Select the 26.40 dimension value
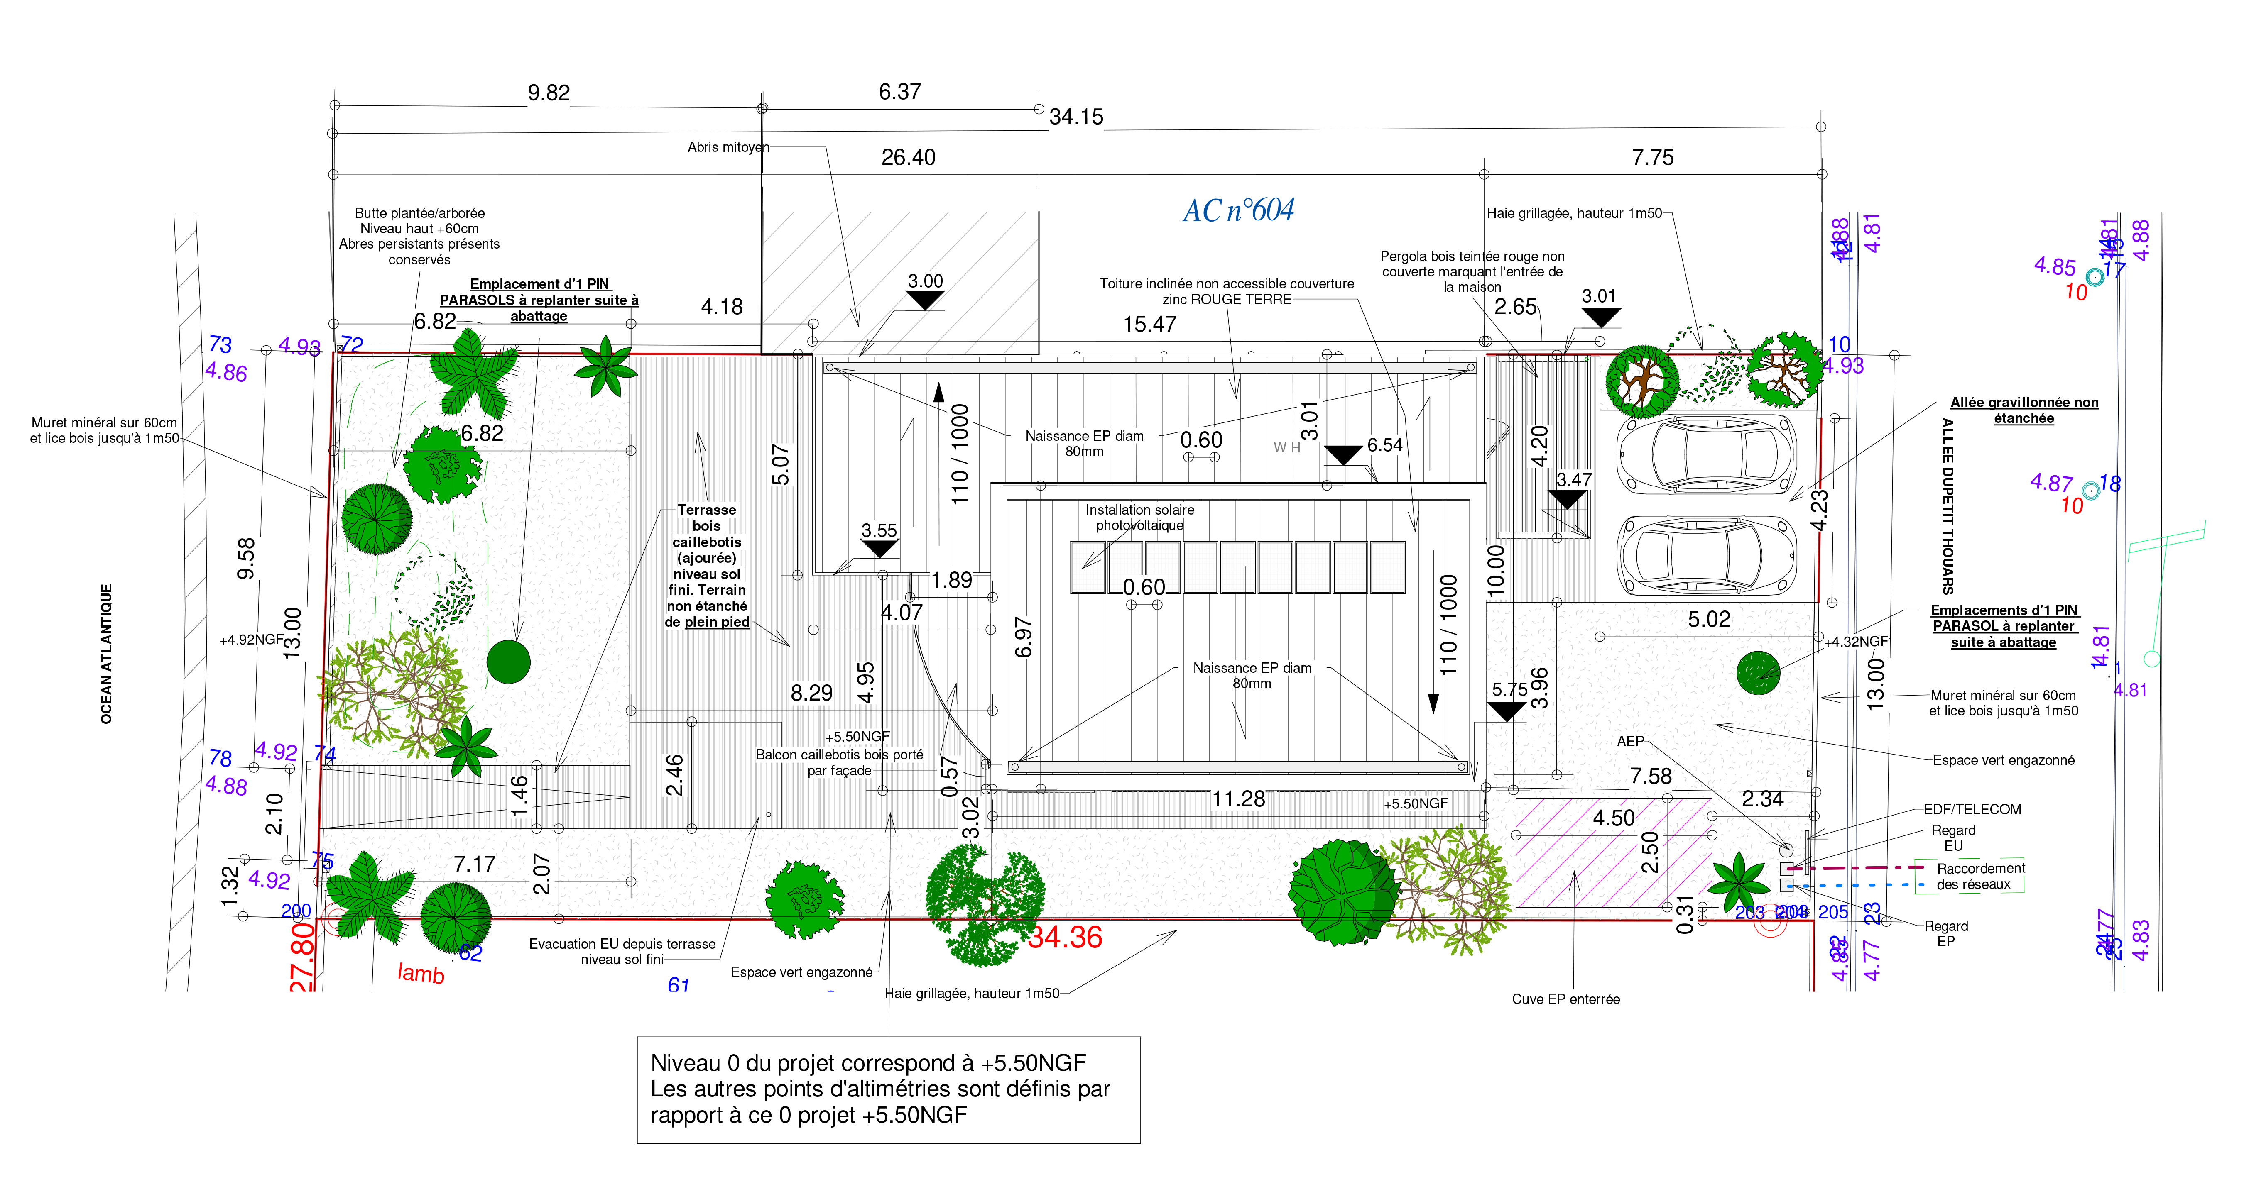point(908,158)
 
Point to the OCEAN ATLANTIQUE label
point(106,653)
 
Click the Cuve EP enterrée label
point(1565,999)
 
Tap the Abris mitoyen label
point(728,147)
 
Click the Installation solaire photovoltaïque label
point(1139,517)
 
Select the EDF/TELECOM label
point(1972,809)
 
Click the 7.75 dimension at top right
point(1653,158)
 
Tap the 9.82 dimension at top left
point(549,93)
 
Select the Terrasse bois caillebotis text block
point(706,565)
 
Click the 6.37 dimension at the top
point(899,91)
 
